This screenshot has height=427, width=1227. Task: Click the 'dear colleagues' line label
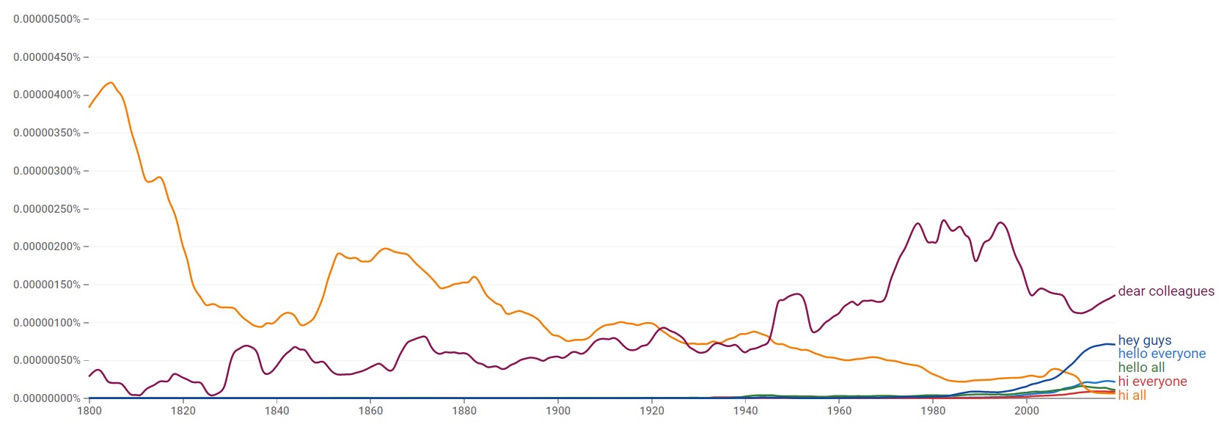click(x=1165, y=291)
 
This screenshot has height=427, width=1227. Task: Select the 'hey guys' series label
click(x=1144, y=340)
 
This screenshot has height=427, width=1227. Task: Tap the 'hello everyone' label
click(x=1161, y=354)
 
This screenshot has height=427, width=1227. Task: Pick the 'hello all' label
click(x=1140, y=368)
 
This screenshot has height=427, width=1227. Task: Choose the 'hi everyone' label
click(x=1151, y=382)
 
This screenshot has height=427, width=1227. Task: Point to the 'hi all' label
click(x=1132, y=395)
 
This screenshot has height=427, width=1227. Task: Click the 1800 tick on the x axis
click(x=89, y=411)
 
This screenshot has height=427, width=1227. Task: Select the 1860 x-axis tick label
click(x=370, y=411)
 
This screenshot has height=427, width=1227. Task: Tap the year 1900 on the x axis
click(x=558, y=411)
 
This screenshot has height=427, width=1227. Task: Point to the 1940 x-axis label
click(x=746, y=411)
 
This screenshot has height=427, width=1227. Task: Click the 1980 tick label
click(x=933, y=411)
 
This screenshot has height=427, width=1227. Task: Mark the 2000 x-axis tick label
click(x=1027, y=411)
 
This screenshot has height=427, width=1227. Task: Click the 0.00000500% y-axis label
click(x=47, y=19)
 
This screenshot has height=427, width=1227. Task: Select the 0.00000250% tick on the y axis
click(x=47, y=209)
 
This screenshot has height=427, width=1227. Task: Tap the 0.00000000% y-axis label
click(x=47, y=398)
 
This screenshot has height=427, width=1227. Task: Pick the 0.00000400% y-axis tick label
click(x=47, y=95)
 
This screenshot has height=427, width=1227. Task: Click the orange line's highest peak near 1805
click(x=111, y=83)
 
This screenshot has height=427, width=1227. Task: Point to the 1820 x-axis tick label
click(x=183, y=411)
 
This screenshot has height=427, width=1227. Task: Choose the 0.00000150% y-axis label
click(x=47, y=285)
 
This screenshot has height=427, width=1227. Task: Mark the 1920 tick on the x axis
click(x=652, y=411)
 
